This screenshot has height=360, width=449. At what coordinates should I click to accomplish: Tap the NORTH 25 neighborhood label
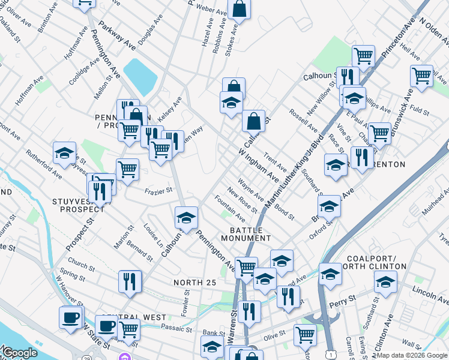coord(194,283)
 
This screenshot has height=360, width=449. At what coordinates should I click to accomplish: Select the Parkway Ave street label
coord(118,36)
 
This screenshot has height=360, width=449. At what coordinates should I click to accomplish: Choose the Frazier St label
coord(158,191)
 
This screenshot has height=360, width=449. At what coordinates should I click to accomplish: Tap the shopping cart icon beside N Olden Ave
coord(422,76)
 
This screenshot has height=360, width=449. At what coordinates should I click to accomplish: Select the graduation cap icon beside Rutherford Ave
coord(64,153)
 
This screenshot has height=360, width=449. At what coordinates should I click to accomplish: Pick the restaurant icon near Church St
coord(130,280)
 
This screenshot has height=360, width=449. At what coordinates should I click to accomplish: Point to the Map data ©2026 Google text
coord(412,355)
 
